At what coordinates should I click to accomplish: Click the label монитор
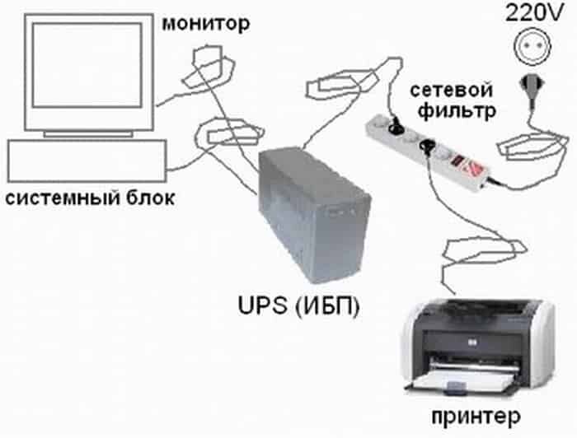[x=204, y=24]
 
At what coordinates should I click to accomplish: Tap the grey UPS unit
[x=310, y=219]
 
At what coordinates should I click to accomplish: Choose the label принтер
[x=472, y=411]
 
